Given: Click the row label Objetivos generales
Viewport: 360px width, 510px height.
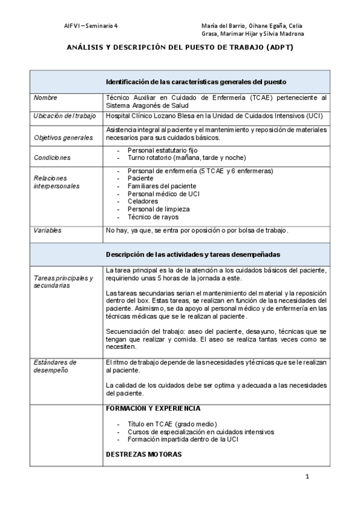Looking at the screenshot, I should tap(63, 138).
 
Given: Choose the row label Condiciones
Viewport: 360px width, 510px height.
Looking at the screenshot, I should tap(52, 158).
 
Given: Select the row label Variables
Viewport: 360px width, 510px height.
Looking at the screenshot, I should tap(47, 230).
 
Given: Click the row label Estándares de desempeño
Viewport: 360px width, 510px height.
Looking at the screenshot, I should tap(55, 366).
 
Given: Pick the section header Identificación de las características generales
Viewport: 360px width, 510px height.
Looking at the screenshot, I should tap(195, 81).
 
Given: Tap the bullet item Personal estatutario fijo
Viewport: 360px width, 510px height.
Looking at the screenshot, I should tap(162, 150).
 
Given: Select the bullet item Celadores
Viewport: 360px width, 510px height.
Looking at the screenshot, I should tap(142, 201).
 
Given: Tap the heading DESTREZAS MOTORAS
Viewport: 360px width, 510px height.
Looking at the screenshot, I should tap(143, 455).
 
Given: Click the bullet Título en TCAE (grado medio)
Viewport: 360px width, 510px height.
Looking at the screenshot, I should tap(172, 424).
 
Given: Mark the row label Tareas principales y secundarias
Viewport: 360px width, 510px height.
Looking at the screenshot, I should tap(63, 281).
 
